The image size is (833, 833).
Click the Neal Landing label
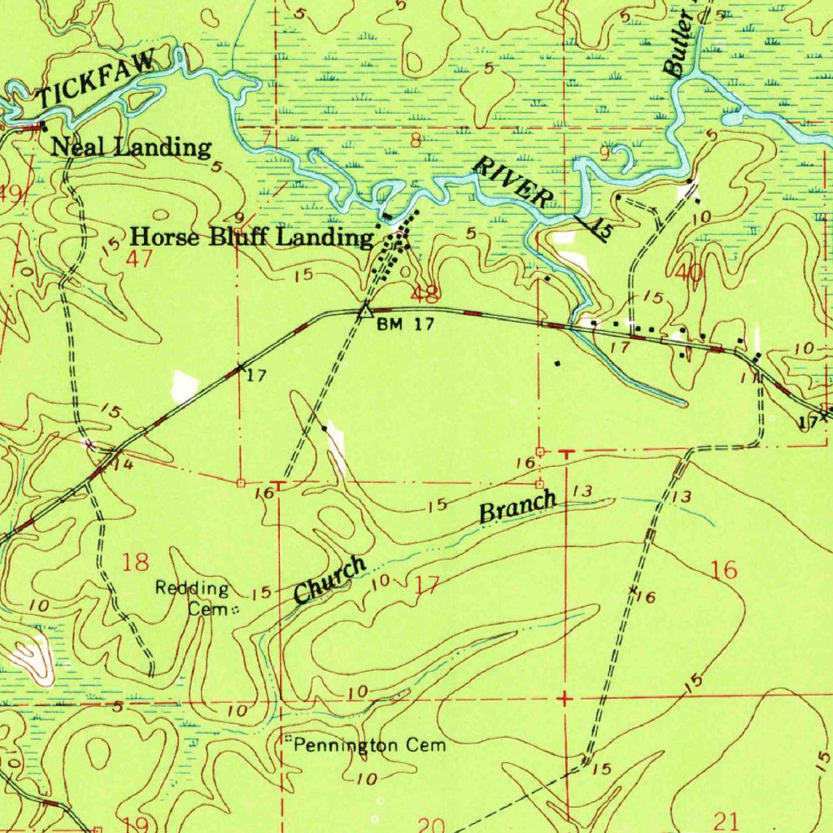click(x=131, y=148)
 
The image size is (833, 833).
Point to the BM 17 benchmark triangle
click(x=366, y=310)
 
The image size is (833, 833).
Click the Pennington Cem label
click(x=369, y=745)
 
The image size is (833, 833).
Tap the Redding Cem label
click(x=194, y=598)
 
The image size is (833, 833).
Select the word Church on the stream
click(x=329, y=581)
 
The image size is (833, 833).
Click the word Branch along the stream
click(x=518, y=508)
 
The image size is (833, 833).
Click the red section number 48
click(x=425, y=293)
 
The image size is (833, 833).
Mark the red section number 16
click(x=723, y=570)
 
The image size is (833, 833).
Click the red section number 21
click(x=725, y=819)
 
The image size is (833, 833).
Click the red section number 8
click(x=416, y=141)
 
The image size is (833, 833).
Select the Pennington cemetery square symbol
click(x=287, y=739)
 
